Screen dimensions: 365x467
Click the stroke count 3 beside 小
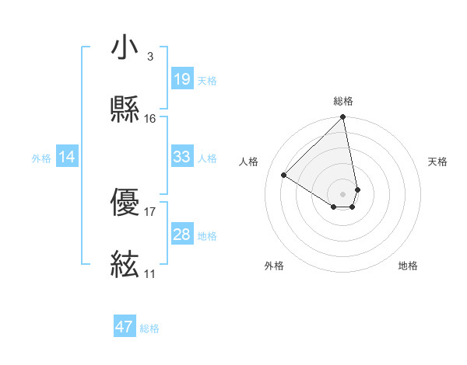click(149, 57)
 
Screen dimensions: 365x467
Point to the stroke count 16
click(149, 118)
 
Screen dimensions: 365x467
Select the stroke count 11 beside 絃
click(149, 273)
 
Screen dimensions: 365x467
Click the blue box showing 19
click(181, 78)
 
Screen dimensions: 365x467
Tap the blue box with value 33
click(181, 157)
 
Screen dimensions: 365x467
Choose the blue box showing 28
click(181, 234)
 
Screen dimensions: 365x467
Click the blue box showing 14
click(67, 157)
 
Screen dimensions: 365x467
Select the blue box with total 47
click(125, 327)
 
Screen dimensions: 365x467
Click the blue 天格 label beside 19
click(207, 81)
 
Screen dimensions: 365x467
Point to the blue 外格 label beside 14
click(41, 158)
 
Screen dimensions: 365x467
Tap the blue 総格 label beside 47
click(149, 328)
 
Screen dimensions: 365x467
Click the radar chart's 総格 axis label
click(342, 101)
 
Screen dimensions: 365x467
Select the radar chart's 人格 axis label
click(249, 162)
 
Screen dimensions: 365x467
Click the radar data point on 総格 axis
click(342, 118)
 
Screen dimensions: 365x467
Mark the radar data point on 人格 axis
click(284, 176)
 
